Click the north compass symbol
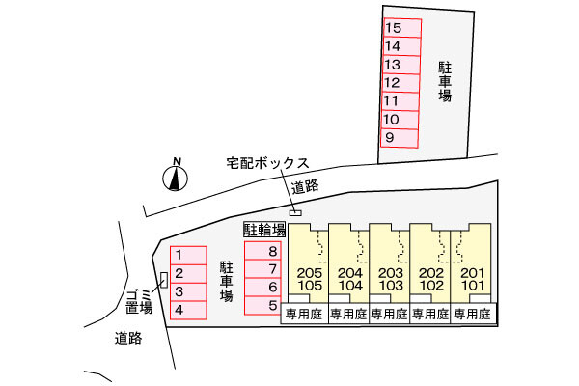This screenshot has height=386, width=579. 175,177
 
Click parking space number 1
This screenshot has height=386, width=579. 188,256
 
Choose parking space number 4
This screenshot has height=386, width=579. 188,310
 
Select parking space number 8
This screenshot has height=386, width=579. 262,251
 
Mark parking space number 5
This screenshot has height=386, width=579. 262,305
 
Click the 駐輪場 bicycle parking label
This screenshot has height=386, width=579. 263,230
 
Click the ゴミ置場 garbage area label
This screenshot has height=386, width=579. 140,301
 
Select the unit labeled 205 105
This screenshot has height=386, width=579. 310,280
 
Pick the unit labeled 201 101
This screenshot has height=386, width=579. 473,280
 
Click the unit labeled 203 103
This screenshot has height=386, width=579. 391,280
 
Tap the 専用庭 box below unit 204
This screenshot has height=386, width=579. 349,315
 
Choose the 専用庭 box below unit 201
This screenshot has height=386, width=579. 473,315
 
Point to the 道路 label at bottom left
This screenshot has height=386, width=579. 128,338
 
